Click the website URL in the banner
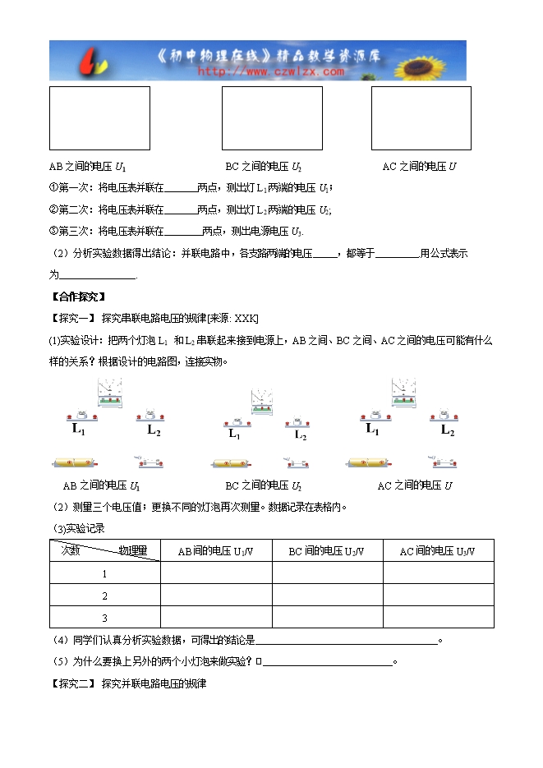click(270, 71)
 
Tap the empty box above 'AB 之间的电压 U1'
click(99, 118)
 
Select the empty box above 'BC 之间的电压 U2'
click(272, 118)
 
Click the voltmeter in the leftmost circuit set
click(108, 392)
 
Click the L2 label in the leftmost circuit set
click(154, 429)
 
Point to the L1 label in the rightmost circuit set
click(371, 429)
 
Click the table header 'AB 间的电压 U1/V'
click(216, 551)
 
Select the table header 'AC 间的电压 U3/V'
click(437, 551)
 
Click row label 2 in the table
click(104, 596)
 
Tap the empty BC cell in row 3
click(327, 618)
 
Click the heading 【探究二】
click(74, 683)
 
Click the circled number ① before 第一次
click(53, 187)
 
